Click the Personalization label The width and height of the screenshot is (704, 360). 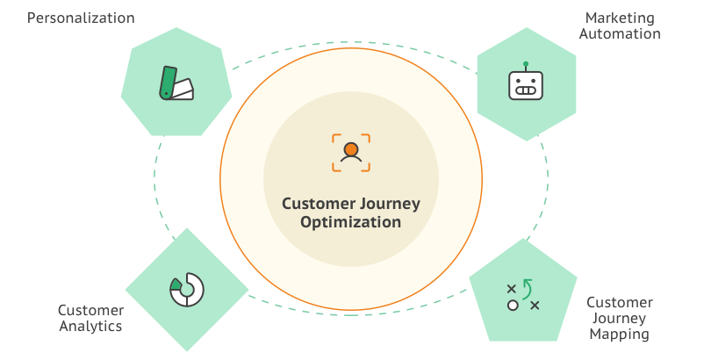[x=81, y=18]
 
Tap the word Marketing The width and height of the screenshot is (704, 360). [x=621, y=18]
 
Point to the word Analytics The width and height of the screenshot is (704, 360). [x=90, y=326]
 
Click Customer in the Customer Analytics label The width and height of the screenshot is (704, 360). [x=90, y=310]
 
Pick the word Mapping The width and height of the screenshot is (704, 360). [x=620, y=334]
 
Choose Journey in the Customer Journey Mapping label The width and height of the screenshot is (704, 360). [x=620, y=318]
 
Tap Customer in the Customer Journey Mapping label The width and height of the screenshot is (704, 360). [x=620, y=302]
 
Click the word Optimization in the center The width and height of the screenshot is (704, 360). [x=350, y=222]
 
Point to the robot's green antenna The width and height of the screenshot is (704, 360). [x=526, y=64]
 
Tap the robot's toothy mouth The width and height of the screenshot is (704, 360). [x=526, y=90]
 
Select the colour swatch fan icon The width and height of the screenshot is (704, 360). [x=176, y=83]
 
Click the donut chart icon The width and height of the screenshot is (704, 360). [x=186, y=290]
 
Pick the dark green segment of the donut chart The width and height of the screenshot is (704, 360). [x=176, y=284]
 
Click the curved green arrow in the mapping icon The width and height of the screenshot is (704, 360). [x=527, y=287]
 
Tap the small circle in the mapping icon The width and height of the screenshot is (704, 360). [x=512, y=305]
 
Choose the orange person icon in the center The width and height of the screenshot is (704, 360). [x=350, y=152]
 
